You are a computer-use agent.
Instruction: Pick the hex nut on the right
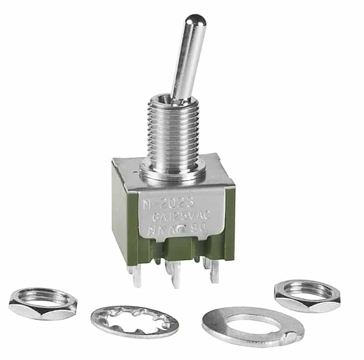tap(307, 296)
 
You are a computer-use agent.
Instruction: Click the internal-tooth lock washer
tap(134, 321)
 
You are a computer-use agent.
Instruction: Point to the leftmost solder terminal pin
tap(137, 276)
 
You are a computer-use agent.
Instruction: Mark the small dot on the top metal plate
tap(133, 167)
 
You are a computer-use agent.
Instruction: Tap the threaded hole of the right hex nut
tap(307, 290)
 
